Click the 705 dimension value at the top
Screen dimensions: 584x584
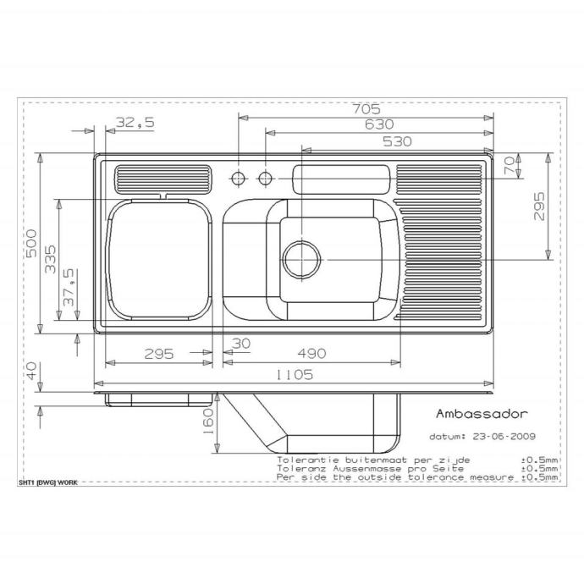(366, 109)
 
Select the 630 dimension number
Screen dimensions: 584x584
(379, 124)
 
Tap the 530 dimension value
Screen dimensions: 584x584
(398, 141)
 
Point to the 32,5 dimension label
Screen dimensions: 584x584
(135, 122)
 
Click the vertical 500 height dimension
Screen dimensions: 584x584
(31, 243)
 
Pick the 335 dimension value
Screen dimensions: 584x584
(50, 259)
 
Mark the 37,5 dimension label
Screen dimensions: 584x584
(69, 288)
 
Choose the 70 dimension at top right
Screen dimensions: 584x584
(510, 165)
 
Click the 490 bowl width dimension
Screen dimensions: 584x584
(311, 353)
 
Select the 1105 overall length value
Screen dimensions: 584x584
(295, 375)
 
